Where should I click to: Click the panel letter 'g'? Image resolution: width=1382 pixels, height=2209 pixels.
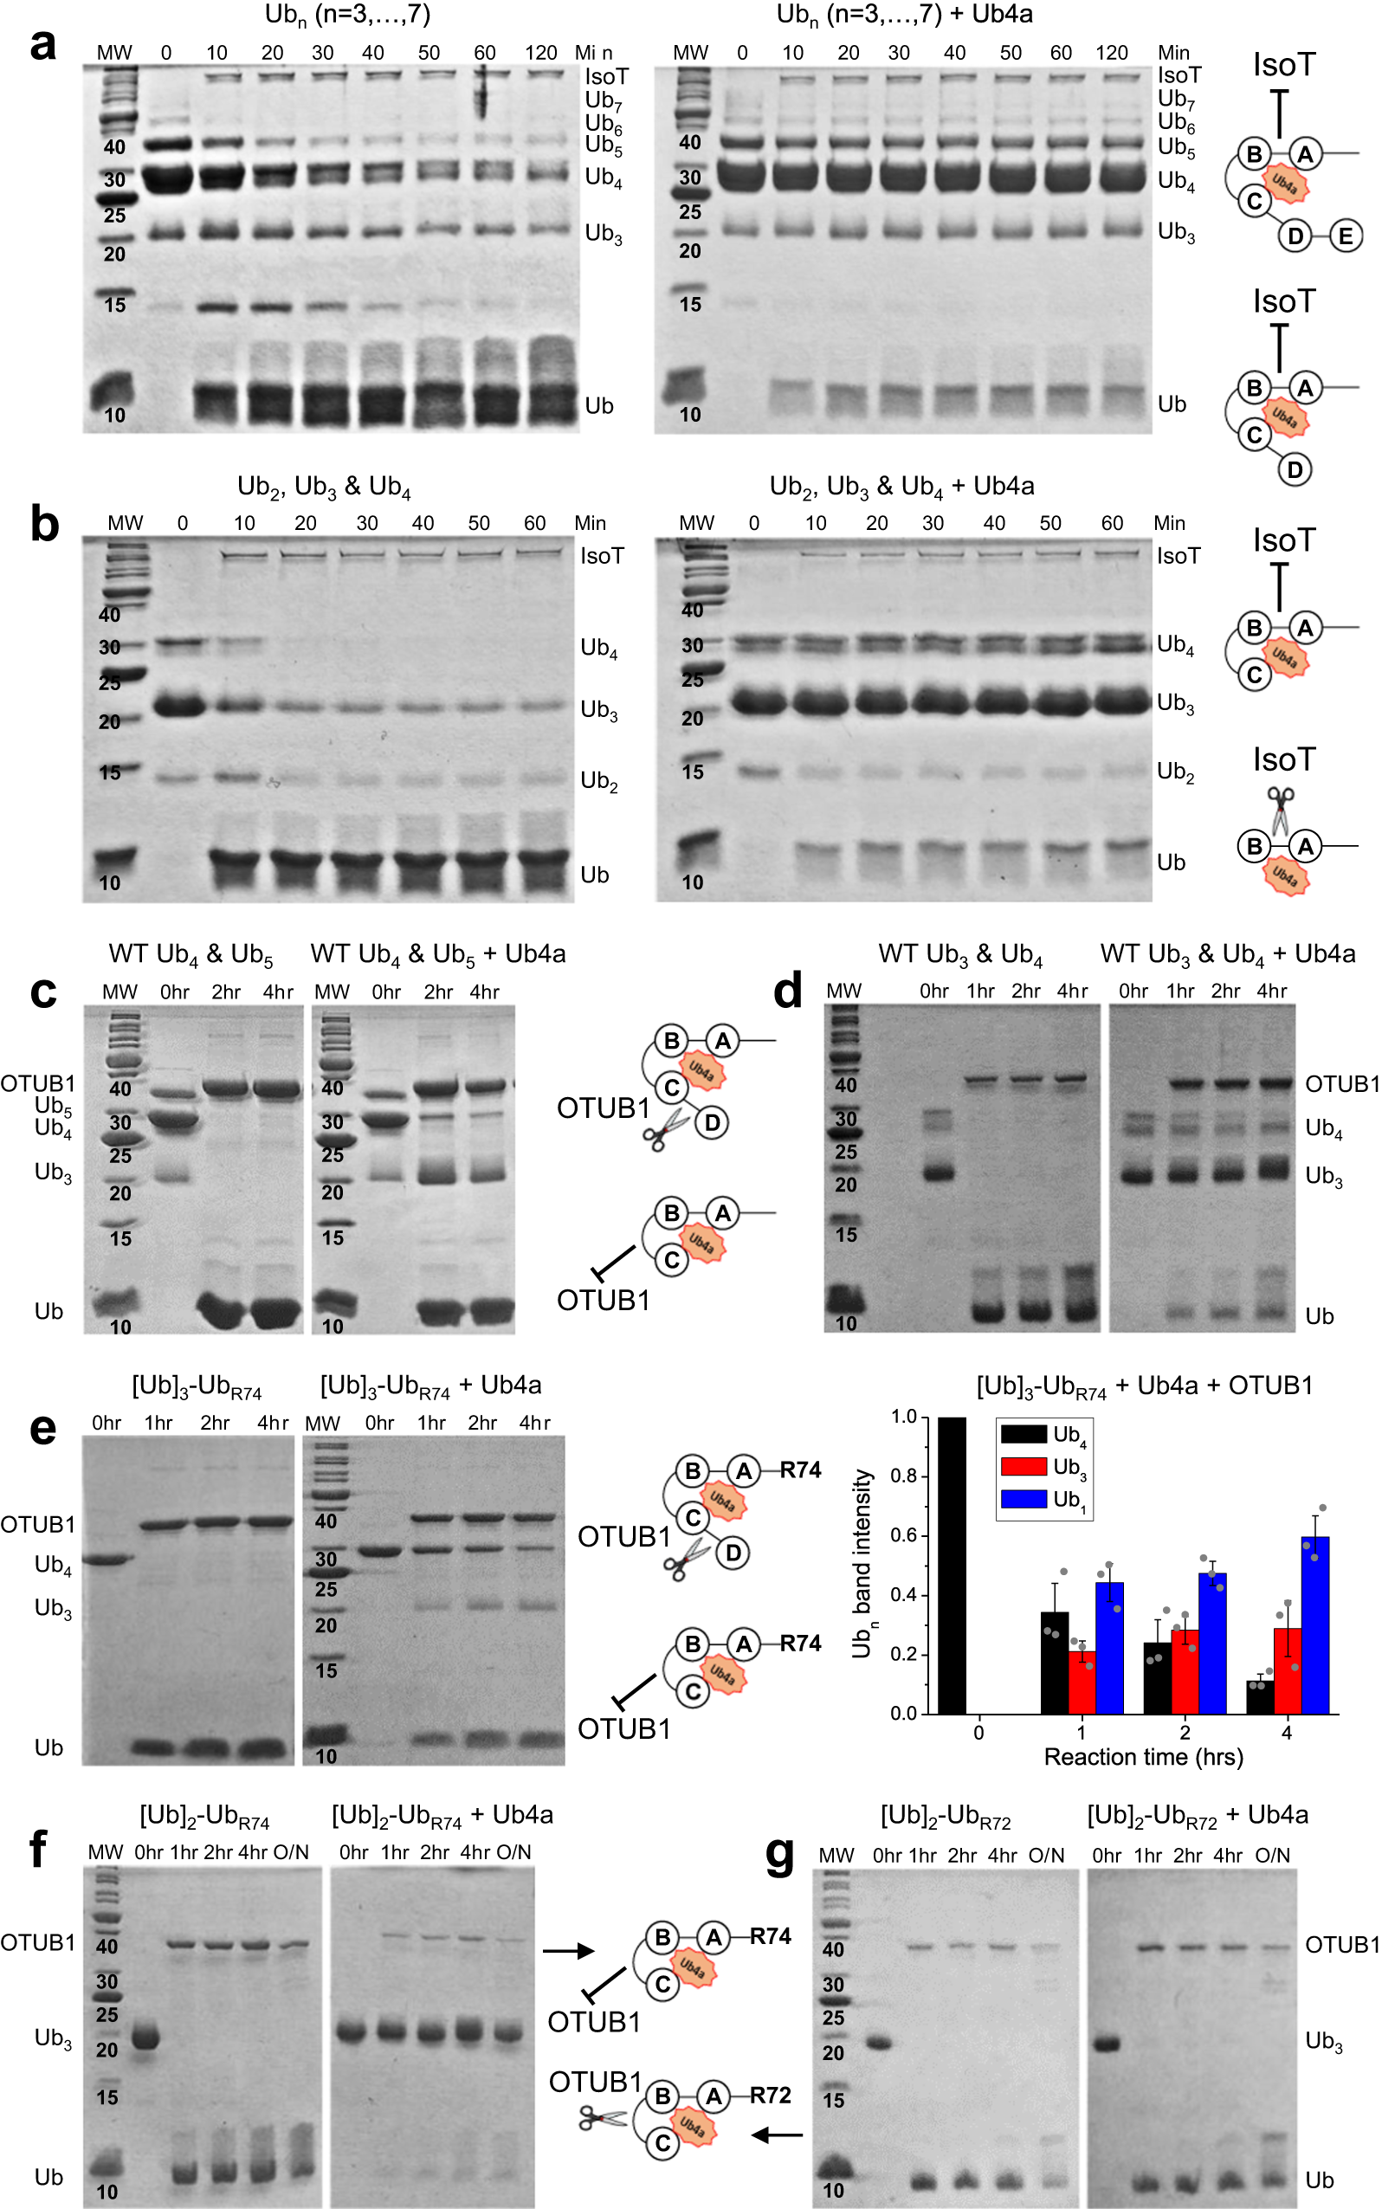coord(779,1856)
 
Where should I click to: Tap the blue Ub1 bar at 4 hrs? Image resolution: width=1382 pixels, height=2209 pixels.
coord(1314,1625)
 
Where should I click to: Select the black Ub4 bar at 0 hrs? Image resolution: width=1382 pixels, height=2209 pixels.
coord(952,1565)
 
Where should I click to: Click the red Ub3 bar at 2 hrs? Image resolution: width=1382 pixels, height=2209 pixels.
coord(1185,1670)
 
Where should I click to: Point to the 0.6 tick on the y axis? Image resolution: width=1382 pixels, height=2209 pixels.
coord(904,1535)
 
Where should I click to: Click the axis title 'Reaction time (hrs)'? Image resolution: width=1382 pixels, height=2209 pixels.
coord(1143,1757)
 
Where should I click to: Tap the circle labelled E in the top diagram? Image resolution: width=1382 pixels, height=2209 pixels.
coord(1345,236)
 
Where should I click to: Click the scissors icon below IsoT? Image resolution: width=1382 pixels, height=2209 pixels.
coord(1281,811)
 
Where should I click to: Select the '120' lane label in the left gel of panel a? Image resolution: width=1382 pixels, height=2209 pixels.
coord(540,53)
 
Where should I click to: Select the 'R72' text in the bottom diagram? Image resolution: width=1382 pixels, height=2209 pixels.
coord(771,2095)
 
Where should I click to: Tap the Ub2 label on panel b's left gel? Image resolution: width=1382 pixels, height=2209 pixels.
coord(599,781)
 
